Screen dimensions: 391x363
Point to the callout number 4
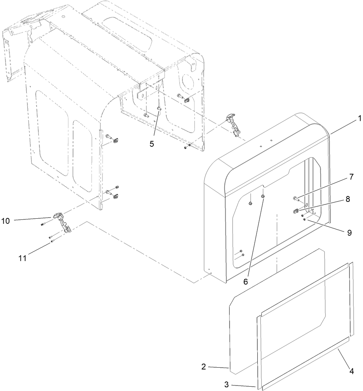pyautogui.click(x=351, y=372)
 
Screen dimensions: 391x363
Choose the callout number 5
pyautogui.click(x=151, y=144)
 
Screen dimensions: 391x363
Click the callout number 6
pyautogui.click(x=246, y=281)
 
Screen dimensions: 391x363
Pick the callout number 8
pyautogui.click(x=347, y=199)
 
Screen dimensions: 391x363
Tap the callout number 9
pyautogui.click(x=349, y=232)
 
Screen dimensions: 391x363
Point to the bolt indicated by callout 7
pyautogui.click(x=295, y=199)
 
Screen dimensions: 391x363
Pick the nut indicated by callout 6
pyautogui.click(x=263, y=197)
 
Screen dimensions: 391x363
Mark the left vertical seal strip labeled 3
pyautogui.click(x=258, y=350)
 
